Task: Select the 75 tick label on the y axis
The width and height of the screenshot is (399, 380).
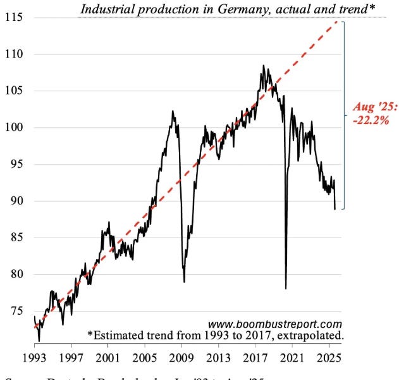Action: coord(14,311)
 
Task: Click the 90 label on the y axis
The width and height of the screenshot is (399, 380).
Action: coord(14,201)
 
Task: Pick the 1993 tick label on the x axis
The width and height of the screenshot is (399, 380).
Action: coord(34,357)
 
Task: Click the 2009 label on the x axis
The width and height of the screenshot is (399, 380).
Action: coord(181,357)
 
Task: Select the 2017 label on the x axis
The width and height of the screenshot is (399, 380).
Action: coord(255,357)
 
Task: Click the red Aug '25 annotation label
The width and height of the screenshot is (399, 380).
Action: coord(375,106)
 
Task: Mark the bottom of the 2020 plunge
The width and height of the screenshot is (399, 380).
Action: coord(286,289)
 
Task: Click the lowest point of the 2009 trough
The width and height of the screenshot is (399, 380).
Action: coord(184,282)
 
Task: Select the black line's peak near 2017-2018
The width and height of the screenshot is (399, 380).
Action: coord(263,65)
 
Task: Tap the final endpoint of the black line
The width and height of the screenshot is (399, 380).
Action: coord(335,209)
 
